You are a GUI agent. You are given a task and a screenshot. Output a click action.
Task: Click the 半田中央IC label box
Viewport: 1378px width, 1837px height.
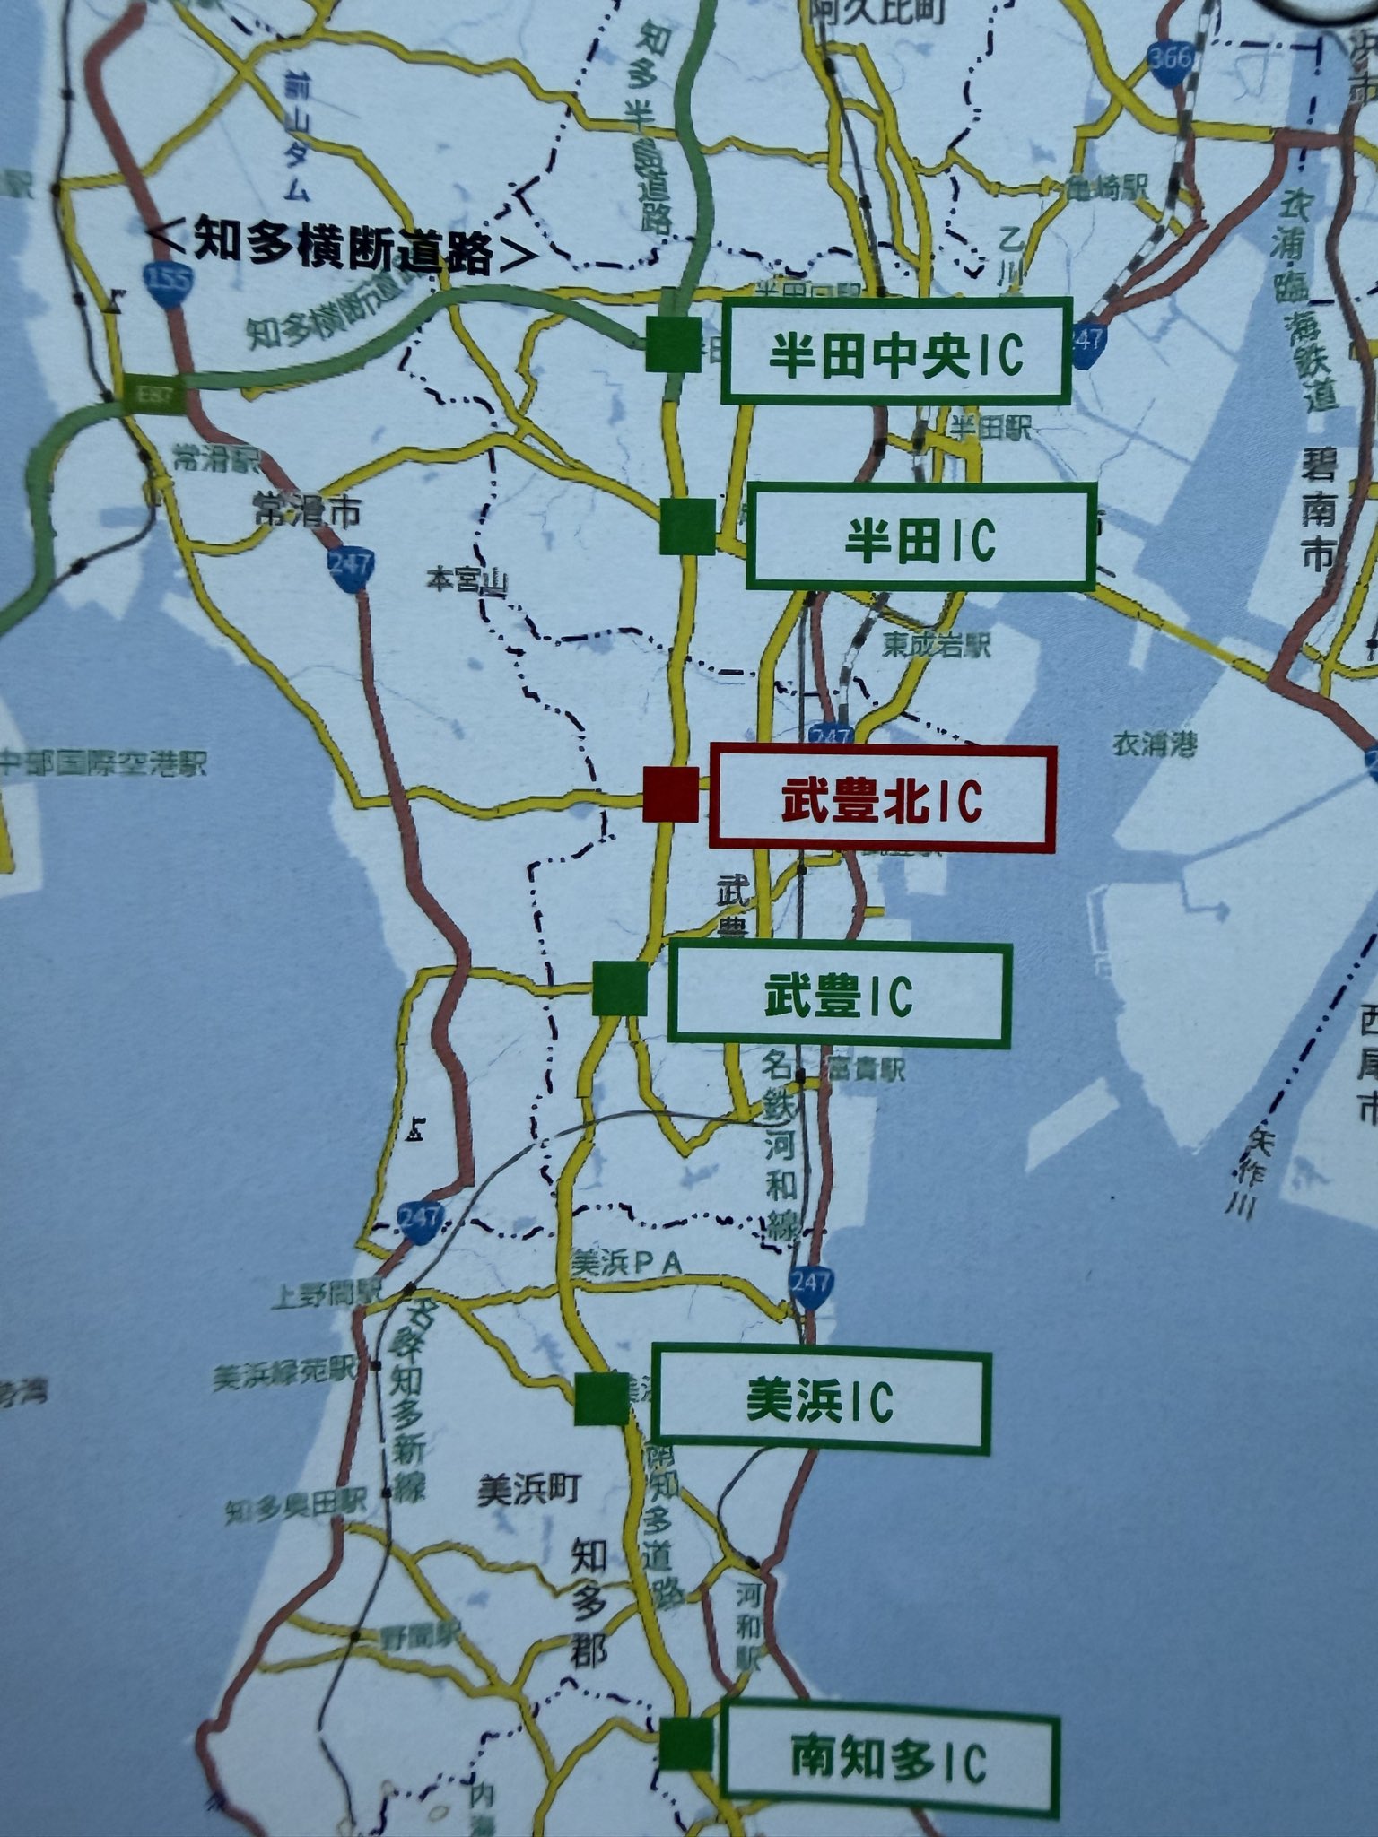coord(896,353)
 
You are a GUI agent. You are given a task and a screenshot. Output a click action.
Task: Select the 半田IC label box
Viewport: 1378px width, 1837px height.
coord(920,537)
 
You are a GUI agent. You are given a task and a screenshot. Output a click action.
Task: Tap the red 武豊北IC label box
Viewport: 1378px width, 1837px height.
coord(882,797)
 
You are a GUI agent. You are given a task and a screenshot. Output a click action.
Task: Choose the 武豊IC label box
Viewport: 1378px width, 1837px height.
coord(840,996)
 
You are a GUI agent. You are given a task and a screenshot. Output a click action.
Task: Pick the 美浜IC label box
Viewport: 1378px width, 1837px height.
coord(821,1402)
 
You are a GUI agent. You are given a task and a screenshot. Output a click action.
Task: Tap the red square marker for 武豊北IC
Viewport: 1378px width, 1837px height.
coord(670,795)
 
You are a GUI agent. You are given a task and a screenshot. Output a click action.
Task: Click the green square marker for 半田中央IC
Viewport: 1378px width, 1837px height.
coord(674,344)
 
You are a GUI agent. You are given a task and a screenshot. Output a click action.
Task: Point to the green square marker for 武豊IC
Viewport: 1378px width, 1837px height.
coord(620,988)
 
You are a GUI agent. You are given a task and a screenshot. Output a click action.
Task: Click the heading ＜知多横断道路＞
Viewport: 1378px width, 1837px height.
coord(340,243)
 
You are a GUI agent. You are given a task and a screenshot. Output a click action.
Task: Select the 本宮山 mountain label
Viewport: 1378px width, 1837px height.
coord(467,582)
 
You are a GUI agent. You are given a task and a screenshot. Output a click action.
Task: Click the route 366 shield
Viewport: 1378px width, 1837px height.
coord(1169,62)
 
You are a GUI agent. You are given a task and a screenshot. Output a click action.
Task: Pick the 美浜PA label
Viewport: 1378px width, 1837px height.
coord(627,1263)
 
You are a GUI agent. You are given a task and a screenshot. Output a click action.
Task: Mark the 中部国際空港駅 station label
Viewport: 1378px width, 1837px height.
coord(103,765)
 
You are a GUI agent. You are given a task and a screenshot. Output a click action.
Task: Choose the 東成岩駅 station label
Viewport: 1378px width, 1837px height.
coord(936,646)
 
